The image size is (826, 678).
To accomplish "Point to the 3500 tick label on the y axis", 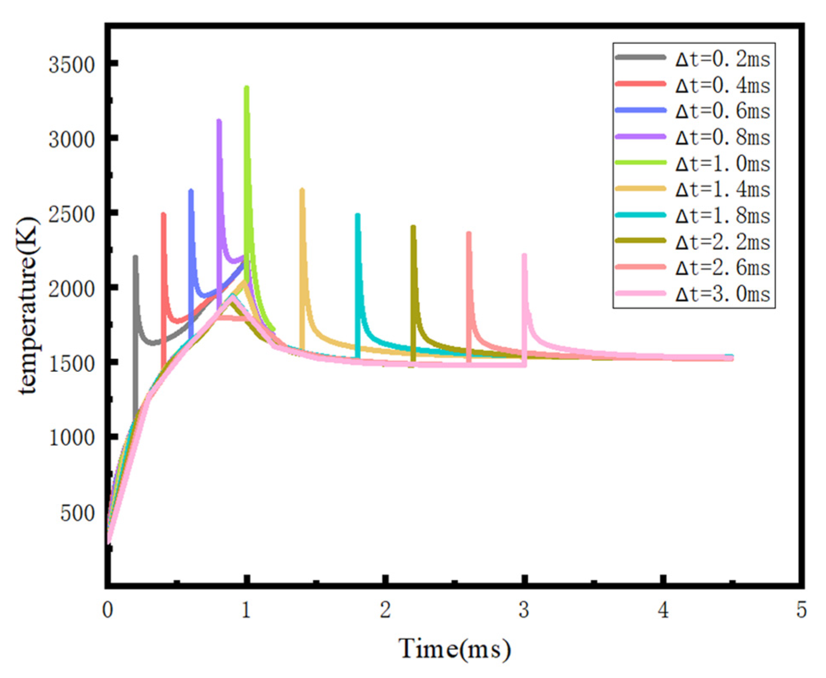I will click(71, 65).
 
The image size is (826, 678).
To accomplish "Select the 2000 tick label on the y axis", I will click(71, 289).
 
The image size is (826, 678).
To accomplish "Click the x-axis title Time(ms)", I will click(455, 648).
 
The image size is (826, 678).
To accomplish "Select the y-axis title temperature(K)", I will click(28, 306).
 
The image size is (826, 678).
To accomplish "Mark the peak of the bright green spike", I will click(247, 88).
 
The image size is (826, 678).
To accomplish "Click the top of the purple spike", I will click(219, 121).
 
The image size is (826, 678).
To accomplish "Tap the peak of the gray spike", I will click(135, 257).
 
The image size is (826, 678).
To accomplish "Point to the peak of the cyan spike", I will click(357, 215).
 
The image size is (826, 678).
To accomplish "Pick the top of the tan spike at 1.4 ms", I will click(302, 190).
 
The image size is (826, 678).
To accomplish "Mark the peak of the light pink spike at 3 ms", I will click(524, 255).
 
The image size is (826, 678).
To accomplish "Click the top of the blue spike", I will click(191, 191).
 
